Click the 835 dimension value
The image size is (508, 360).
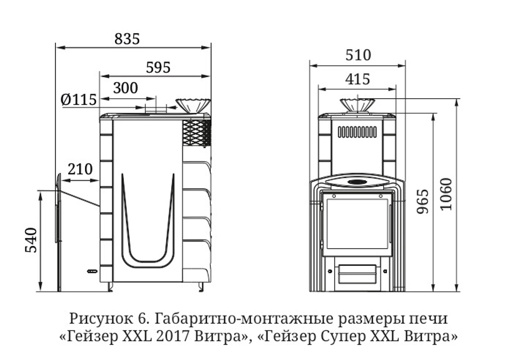[x=126, y=39]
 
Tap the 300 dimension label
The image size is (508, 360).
[x=125, y=88]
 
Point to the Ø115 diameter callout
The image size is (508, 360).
[x=78, y=100]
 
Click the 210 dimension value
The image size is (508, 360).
[x=80, y=169]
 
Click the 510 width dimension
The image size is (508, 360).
[x=358, y=55]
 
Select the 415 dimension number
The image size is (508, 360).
[x=357, y=79]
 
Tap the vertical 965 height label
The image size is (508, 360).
[x=423, y=201]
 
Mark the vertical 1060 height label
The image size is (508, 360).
[x=445, y=195]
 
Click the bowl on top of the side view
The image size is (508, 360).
[x=193, y=105]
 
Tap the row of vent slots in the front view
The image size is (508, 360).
[x=357, y=132]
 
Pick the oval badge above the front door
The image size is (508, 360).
[x=357, y=182]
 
